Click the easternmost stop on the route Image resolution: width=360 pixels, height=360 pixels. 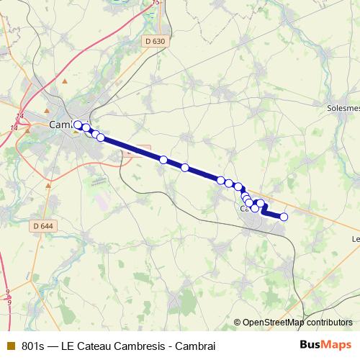tap(284, 217)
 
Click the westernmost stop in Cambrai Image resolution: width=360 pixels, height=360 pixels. tap(78, 125)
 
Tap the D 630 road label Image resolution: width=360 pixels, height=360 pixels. tap(154, 42)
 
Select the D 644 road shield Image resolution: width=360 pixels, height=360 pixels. tap(43, 227)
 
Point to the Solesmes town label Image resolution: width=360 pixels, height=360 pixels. tap(343, 108)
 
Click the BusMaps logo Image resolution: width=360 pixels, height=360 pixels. tap(325, 345)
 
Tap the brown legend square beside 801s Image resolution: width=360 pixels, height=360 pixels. tap(10, 345)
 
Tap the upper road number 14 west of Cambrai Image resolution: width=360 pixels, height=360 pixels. tap(19, 116)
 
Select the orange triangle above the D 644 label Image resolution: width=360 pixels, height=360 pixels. tap(48, 185)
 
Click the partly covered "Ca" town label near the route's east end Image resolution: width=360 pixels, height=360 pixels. tap(244, 209)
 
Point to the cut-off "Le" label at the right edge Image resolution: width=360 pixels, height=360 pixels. tap(355, 238)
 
